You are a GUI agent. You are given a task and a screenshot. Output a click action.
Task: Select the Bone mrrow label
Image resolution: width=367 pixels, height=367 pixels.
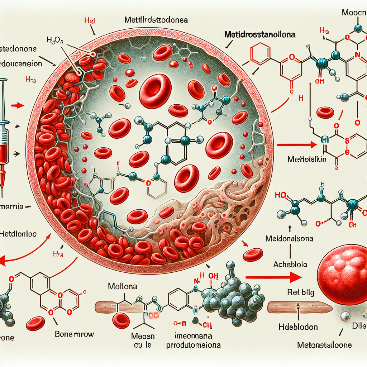pyautogui.click(x=75, y=334)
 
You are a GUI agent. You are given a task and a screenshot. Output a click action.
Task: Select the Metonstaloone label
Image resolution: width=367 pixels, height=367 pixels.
pyautogui.click(x=324, y=345)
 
